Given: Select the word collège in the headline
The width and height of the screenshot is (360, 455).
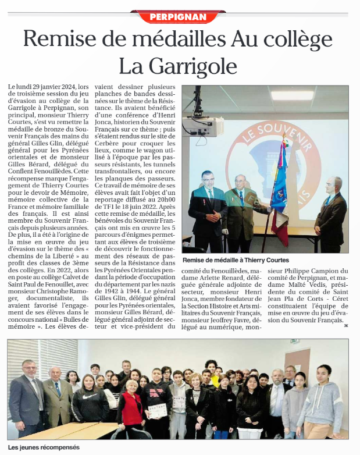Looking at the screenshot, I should pyautogui.click(x=298, y=40).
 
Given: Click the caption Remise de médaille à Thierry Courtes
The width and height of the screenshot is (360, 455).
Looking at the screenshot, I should pyautogui.click(x=235, y=260).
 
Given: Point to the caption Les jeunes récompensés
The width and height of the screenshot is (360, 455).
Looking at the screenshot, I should pyautogui.click(x=43, y=447).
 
